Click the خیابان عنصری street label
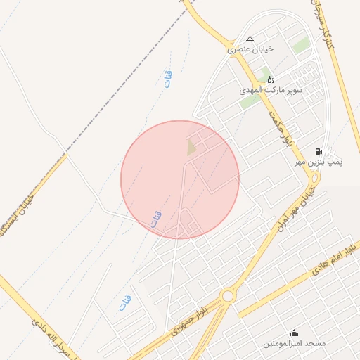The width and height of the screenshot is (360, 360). tap(249, 50)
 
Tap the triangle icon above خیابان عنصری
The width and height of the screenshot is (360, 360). tap(250, 39)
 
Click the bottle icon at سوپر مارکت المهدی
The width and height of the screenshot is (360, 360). tap(271, 79)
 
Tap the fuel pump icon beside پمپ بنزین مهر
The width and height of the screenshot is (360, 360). tap(319, 151)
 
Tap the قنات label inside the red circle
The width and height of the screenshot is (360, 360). tap(155, 219)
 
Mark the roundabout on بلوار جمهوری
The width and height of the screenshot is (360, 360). tap(227, 296)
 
